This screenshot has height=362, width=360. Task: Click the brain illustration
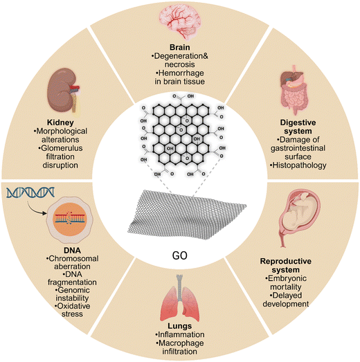pos(180,21)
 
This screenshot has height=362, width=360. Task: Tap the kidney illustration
pos(64,90)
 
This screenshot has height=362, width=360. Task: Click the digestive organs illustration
pos(294,90)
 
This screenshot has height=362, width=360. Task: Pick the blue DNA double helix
pos(30,193)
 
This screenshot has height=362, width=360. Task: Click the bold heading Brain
pos(180,47)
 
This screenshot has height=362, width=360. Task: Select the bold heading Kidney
pos(60,123)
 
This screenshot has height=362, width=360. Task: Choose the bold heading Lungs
pos(179,326)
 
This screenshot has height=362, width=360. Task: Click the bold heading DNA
pos(72,251)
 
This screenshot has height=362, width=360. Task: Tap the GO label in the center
pos(179,255)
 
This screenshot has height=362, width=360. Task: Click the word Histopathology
pos(299,165)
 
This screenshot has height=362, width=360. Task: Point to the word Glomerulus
pos(62,148)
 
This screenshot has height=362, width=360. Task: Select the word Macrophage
pos(181,343)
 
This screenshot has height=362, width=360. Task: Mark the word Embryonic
pos(287,278)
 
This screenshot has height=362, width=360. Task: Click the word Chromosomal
pos(73,258)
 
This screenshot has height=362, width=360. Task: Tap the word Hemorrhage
pos(181,73)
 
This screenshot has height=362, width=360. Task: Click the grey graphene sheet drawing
pos(187,215)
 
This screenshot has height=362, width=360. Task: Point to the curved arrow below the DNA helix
pos(34,209)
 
